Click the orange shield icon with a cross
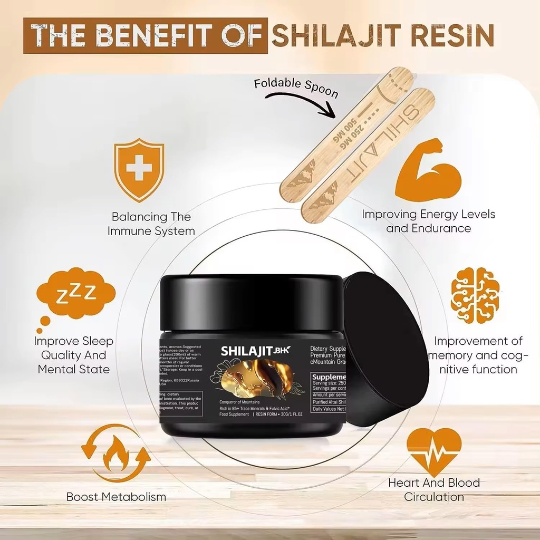139,170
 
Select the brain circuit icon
475,295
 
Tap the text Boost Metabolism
116,497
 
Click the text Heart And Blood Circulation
434,489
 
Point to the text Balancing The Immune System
151,224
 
